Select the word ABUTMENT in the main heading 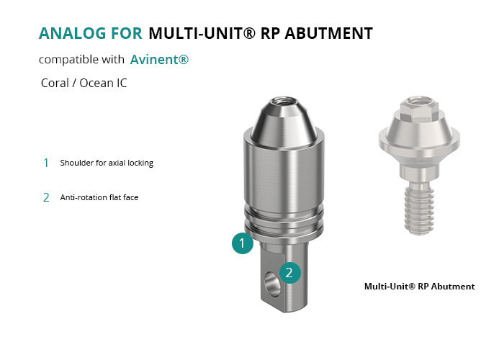click(328, 33)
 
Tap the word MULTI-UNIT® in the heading click(202, 33)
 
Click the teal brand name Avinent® click(159, 60)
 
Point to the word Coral click(55, 83)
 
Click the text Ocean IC click(103, 83)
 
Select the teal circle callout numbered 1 click(243, 243)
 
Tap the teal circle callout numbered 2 click(289, 273)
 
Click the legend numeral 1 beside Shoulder click(46, 163)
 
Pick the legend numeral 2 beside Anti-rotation click(46, 197)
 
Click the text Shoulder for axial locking click(107, 163)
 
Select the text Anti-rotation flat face click(99, 197)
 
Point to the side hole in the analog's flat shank click(272, 284)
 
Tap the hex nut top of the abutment click(418, 108)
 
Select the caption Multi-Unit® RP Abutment click(420, 287)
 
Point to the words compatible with click(81, 60)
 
